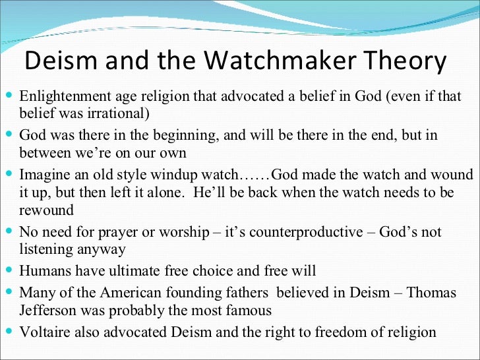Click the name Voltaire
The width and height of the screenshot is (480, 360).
[x=44, y=332]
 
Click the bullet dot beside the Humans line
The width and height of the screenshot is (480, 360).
[x=8, y=270]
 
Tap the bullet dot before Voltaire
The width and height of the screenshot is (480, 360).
[x=8, y=332]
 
